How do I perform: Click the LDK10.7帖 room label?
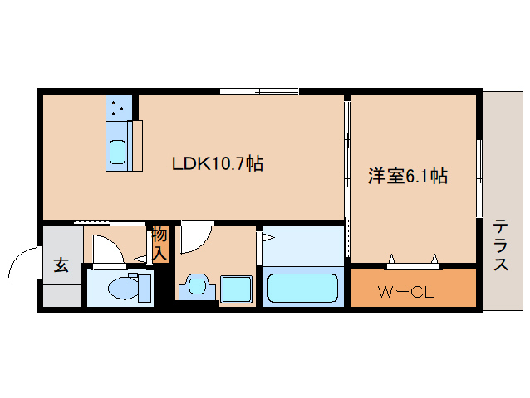coord(218,163)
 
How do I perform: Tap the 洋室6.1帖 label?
coord(408,176)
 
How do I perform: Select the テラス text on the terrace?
coord(500,245)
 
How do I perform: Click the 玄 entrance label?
coord(61,265)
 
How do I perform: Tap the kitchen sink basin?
coord(117,153)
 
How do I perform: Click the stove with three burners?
coord(118,105)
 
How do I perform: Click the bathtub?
coord(302,289)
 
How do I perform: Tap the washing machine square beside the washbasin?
coord(237,288)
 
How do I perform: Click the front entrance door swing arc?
coord(23,265)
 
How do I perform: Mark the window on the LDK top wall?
coord(259,90)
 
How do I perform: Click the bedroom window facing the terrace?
coord(479,179)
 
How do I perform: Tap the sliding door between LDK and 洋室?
coord(347,158)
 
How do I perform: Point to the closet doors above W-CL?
coord(413,264)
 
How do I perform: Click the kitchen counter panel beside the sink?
coord(137,145)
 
